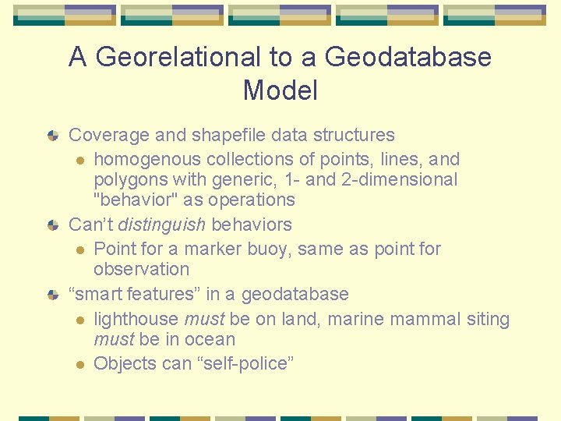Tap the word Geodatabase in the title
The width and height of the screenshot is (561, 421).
(x=408, y=57)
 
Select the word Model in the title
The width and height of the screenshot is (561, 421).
(x=280, y=90)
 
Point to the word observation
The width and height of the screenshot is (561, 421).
(x=141, y=270)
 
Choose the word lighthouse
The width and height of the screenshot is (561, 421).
(x=136, y=319)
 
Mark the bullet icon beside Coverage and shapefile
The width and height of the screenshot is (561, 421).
(x=53, y=136)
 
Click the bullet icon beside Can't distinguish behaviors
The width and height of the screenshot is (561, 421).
(x=53, y=225)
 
